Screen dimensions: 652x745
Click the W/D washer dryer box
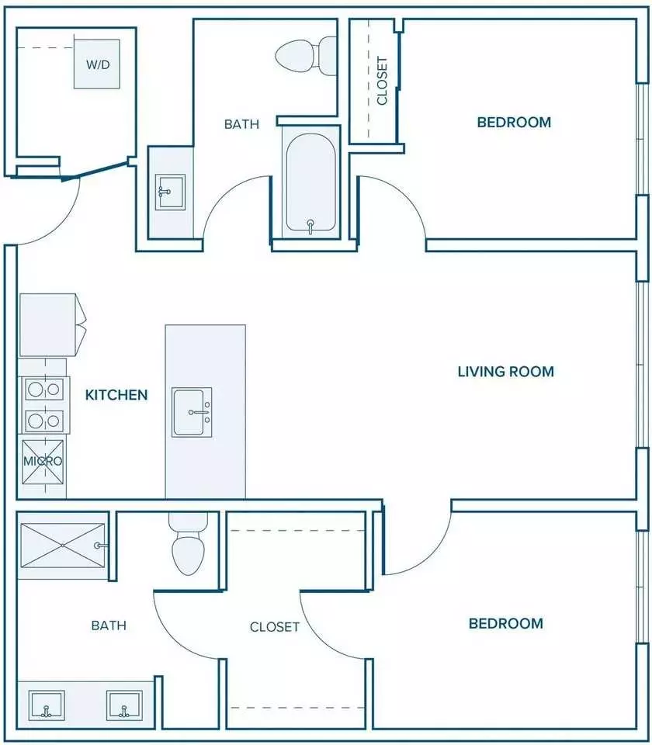(x=97, y=64)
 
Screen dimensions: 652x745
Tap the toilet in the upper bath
(x=306, y=55)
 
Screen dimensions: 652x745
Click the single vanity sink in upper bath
(x=170, y=192)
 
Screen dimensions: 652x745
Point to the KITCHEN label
(x=116, y=395)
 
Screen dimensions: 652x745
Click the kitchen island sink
(x=192, y=412)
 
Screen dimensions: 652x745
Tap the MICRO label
(x=43, y=461)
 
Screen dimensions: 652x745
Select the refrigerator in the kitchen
(x=52, y=325)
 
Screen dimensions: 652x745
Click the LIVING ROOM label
(x=505, y=372)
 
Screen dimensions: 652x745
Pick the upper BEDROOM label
(x=514, y=122)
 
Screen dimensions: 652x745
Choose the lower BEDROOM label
(x=505, y=623)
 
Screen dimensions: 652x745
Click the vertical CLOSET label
(x=382, y=81)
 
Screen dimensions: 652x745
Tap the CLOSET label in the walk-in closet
(x=275, y=627)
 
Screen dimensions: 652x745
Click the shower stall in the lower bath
(x=63, y=546)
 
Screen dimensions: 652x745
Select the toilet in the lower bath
(x=188, y=544)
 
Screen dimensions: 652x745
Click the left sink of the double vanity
(x=47, y=705)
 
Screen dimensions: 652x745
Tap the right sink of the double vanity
(x=124, y=705)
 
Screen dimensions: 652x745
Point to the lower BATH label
(x=109, y=625)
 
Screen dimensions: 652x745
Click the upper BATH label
(x=242, y=124)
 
